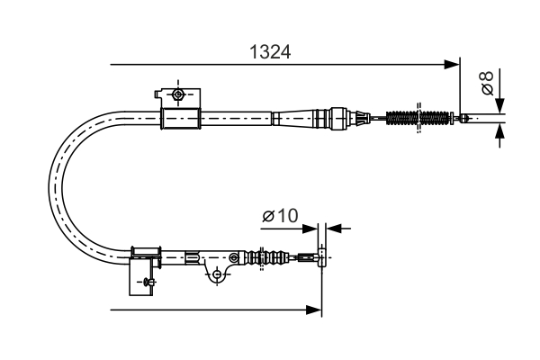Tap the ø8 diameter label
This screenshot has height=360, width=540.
[486, 84]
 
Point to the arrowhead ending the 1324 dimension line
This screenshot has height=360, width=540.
[453, 65]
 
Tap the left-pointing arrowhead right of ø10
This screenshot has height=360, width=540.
[333, 229]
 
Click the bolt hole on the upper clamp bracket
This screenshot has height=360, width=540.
[179, 94]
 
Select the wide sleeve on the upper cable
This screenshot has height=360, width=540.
[178, 118]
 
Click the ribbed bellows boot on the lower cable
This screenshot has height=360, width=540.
[268, 257]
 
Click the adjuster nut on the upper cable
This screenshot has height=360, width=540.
[339, 117]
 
